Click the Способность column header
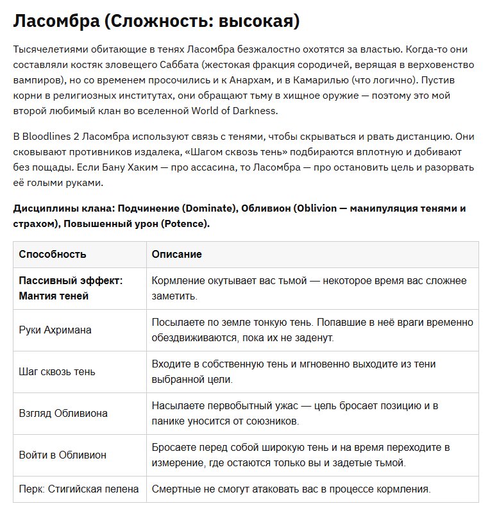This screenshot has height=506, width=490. [x=53, y=255]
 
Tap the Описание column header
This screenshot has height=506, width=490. [x=176, y=255]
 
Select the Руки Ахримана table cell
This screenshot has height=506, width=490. [x=55, y=330]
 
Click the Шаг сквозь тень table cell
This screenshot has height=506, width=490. [x=57, y=372]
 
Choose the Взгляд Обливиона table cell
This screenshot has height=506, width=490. [x=63, y=414]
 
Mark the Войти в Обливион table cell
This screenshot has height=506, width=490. [x=63, y=455]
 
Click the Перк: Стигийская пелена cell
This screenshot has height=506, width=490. [x=78, y=489]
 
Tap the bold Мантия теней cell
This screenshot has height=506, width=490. [x=54, y=296]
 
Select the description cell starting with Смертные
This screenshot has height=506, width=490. [x=290, y=489]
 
